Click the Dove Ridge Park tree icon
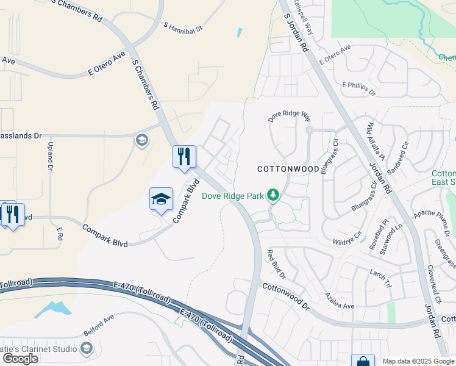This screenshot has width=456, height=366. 274,195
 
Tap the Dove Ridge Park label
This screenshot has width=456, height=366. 233,196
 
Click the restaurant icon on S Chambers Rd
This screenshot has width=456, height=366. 184,157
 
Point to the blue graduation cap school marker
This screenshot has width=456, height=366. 161,199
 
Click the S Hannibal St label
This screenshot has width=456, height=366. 182,26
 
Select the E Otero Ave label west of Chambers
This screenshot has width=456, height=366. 106,63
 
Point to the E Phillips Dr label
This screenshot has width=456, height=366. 358,88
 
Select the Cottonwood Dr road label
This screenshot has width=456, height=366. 286,295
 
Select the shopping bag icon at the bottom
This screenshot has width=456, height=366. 363,361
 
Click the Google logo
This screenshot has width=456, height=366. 20,359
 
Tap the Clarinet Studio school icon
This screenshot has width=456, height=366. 86,348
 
